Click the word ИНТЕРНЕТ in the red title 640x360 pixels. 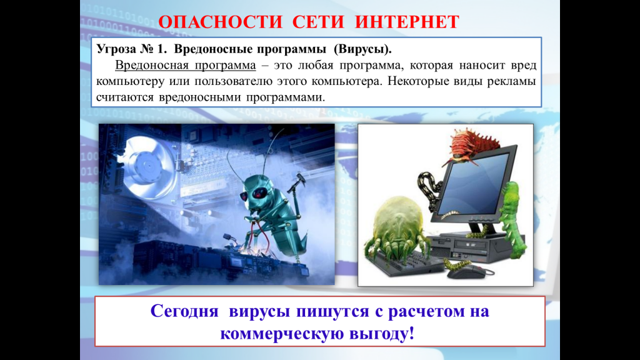point(407,22)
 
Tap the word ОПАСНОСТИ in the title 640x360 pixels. point(221,22)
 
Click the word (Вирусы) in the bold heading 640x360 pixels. point(362,49)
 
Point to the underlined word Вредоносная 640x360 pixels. point(151,65)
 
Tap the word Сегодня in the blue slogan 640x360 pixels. point(184,311)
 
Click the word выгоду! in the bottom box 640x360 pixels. point(382,333)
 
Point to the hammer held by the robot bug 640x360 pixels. point(296,183)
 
